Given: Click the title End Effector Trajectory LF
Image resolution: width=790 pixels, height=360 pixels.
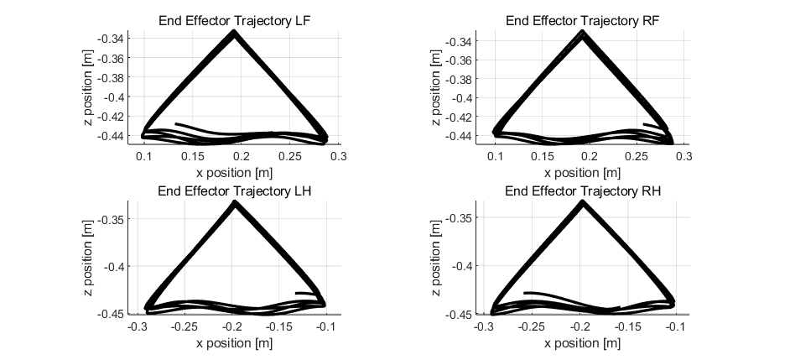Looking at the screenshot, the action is [x=234, y=21].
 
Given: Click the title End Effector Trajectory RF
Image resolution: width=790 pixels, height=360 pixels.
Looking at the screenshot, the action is [x=582, y=21].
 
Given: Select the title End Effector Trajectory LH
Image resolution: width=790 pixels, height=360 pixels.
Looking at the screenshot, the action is [x=234, y=191].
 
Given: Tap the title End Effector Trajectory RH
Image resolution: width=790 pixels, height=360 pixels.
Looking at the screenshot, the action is [x=582, y=191].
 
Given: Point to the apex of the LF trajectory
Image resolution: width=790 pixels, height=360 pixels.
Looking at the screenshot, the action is [x=234, y=31].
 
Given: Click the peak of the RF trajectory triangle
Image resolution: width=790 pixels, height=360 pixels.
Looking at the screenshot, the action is [x=582, y=32].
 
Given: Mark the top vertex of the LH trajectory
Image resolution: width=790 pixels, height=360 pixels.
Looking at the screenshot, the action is [x=234, y=201].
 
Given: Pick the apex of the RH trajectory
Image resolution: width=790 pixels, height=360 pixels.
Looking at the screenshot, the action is [x=583, y=201].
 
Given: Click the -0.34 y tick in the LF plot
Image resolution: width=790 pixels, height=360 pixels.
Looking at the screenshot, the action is [x=111, y=39].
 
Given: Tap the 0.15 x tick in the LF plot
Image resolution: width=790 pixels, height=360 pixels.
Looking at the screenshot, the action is [x=192, y=157].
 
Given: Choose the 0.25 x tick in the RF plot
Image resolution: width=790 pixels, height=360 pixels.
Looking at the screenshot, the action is [x=637, y=157].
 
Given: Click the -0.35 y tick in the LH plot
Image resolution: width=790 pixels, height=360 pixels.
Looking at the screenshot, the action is [x=111, y=219].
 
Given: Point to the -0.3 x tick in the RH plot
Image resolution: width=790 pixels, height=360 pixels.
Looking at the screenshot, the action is [x=483, y=327].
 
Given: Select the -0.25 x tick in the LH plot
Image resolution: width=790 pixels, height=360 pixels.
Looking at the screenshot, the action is [x=184, y=327].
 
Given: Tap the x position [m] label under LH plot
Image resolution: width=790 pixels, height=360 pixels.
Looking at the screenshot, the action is [x=234, y=343].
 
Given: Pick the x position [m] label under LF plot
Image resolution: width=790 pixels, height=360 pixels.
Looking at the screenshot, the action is [x=234, y=173].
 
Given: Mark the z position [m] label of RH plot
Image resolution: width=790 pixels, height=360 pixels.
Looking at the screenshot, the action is [x=436, y=258].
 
